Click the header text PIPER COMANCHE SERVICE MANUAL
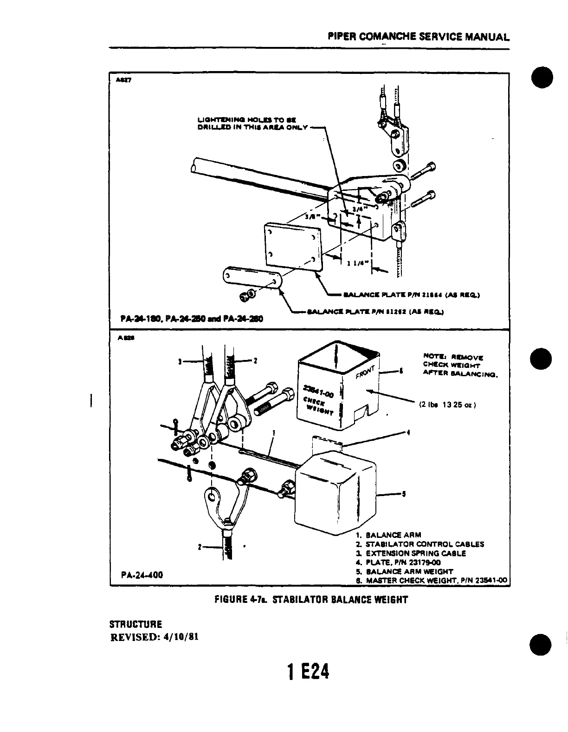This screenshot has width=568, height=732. (x=417, y=36)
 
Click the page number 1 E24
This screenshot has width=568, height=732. (x=308, y=672)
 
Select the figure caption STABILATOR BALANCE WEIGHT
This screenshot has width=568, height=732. (x=340, y=600)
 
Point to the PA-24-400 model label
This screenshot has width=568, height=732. (x=142, y=575)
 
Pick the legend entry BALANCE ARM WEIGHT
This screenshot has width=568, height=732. (x=409, y=571)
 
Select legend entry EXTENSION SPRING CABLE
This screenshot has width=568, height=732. (x=416, y=553)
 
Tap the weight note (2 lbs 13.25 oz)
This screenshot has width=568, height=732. (x=446, y=405)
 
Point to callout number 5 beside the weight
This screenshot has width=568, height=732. (x=404, y=494)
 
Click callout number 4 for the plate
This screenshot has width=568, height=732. (x=408, y=433)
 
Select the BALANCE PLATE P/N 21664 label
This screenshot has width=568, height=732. (x=411, y=294)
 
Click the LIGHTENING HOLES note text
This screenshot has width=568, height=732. (x=252, y=124)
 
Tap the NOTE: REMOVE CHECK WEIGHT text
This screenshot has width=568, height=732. (x=459, y=365)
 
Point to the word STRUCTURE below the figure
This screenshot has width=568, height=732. (x=136, y=624)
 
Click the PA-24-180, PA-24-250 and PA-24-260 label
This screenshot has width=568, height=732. (x=191, y=319)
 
